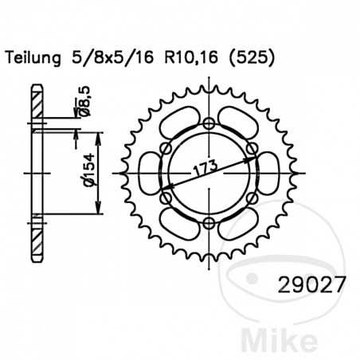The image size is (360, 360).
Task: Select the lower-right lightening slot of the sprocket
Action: click(234, 219)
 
